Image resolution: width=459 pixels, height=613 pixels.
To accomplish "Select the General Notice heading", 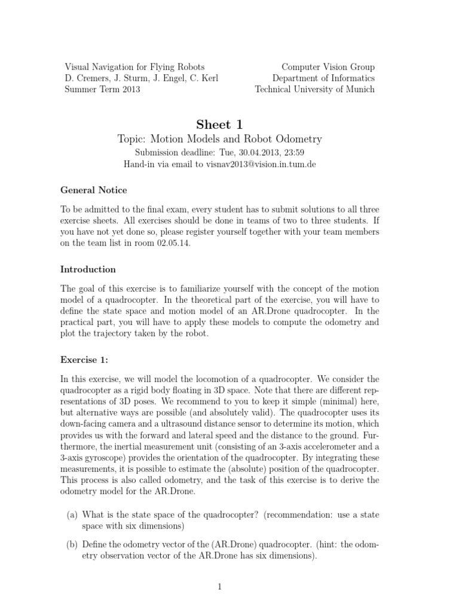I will coord(94,190).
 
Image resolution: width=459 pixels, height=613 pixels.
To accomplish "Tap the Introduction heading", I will coord(88,269).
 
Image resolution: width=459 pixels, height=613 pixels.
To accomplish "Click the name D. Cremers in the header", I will coord(86,78).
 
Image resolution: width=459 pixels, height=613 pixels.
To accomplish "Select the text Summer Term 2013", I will coord(102,89).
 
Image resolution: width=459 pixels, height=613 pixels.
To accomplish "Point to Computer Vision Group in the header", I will coord(328,67).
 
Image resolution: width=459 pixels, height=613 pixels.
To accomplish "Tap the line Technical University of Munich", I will coord(315,89).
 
